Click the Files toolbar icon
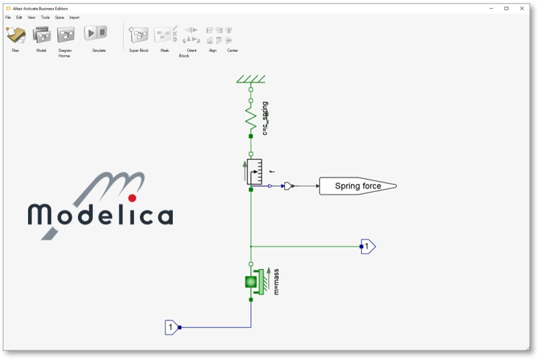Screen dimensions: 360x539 pos(15,35)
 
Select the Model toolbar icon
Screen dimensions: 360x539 pos(41,34)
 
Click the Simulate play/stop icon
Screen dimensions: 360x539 pos(95,33)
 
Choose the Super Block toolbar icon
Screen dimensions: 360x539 pos(139,35)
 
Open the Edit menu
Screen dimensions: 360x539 pos(19,17)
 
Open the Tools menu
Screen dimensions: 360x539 pos(45,17)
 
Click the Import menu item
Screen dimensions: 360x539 pos(74,17)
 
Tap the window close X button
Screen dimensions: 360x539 pos(523,8)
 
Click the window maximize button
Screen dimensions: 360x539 pos(506,8)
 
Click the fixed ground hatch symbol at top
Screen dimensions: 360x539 pos(251,79)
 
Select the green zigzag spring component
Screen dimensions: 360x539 pos(251,119)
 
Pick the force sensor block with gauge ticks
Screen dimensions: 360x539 pos(254,171)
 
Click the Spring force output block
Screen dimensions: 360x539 pos(357,186)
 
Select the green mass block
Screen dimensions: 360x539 pos(251,281)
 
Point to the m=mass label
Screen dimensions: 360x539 pos(277,281)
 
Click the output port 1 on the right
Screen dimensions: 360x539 pos(368,246)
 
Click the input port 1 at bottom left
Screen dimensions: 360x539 pos(171,328)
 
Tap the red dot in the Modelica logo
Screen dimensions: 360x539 pos(133,197)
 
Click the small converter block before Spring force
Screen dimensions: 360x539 pos(289,186)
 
